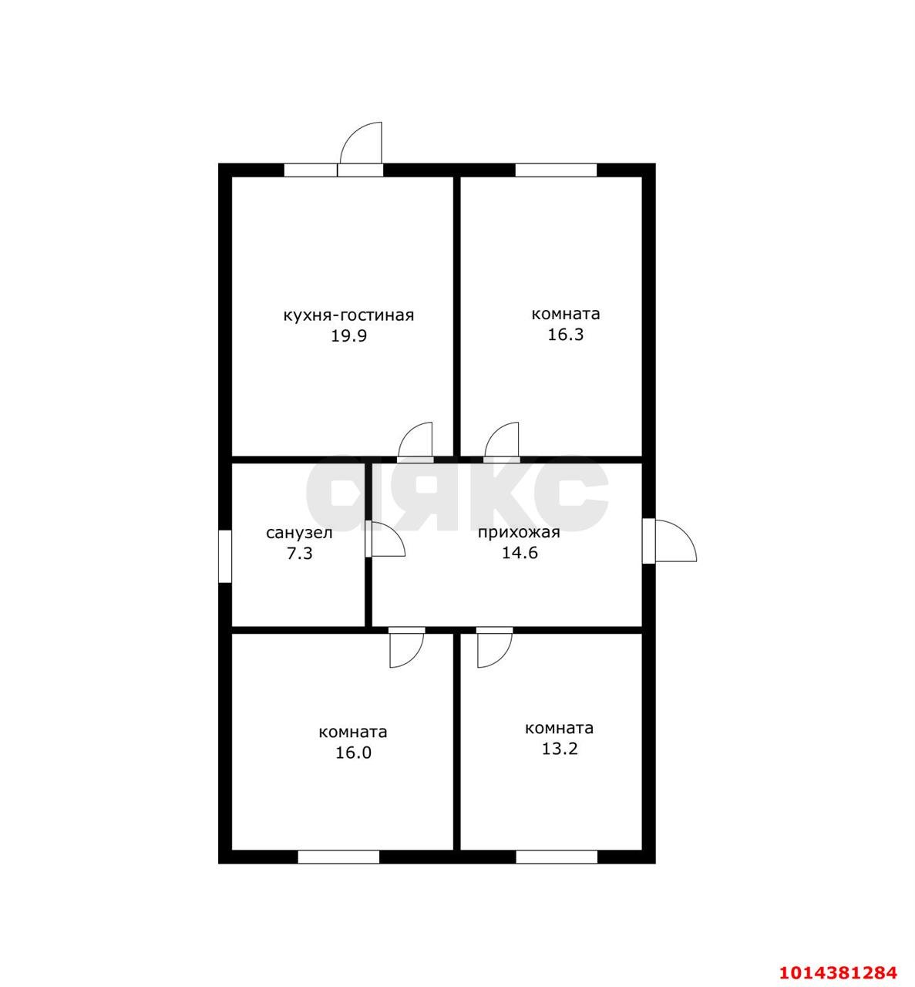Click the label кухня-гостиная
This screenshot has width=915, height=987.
pyautogui.click(x=348, y=315)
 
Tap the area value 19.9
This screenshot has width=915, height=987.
pyautogui.click(x=349, y=336)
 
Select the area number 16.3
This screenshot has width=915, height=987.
pyautogui.click(x=566, y=335)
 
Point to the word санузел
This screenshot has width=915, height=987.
pyautogui.click(x=299, y=534)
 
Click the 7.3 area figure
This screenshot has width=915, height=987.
pyautogui.click(x=300, y=553)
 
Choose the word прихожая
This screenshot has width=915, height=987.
pyautogui.click(x=519, y=533)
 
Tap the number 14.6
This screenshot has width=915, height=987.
pyautogui.click(x=520, y=553)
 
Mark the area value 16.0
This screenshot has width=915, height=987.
pyautogui.click(x=353, y=753)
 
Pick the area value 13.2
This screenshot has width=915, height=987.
pyautogui.click(x=560, y=749)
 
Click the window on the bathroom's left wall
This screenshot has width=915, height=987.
pyautogui.click(x=225, y=556)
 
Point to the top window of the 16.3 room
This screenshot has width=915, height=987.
pyautogui.click(x=556, y=170)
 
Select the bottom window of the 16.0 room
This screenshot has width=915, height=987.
pyautogui.click(x=338, y=857)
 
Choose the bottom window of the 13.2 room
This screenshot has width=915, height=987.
pyautogui.click(x=557, y=857)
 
